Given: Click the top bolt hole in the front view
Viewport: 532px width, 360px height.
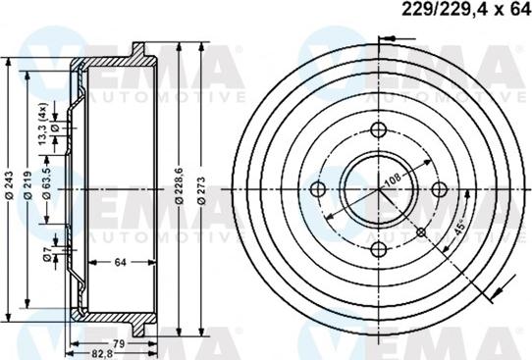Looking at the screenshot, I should pyautogui.click(x=379, y=131).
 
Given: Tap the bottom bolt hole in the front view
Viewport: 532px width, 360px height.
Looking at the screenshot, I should pyautogui.click(x=379, y=247).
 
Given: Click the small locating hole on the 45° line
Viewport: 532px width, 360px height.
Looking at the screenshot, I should pyautogui.click(x=420, y=231).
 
